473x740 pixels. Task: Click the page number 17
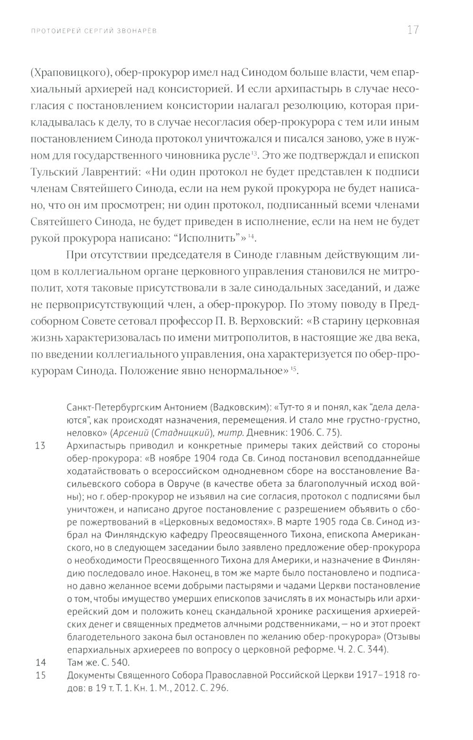[412, 31]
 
